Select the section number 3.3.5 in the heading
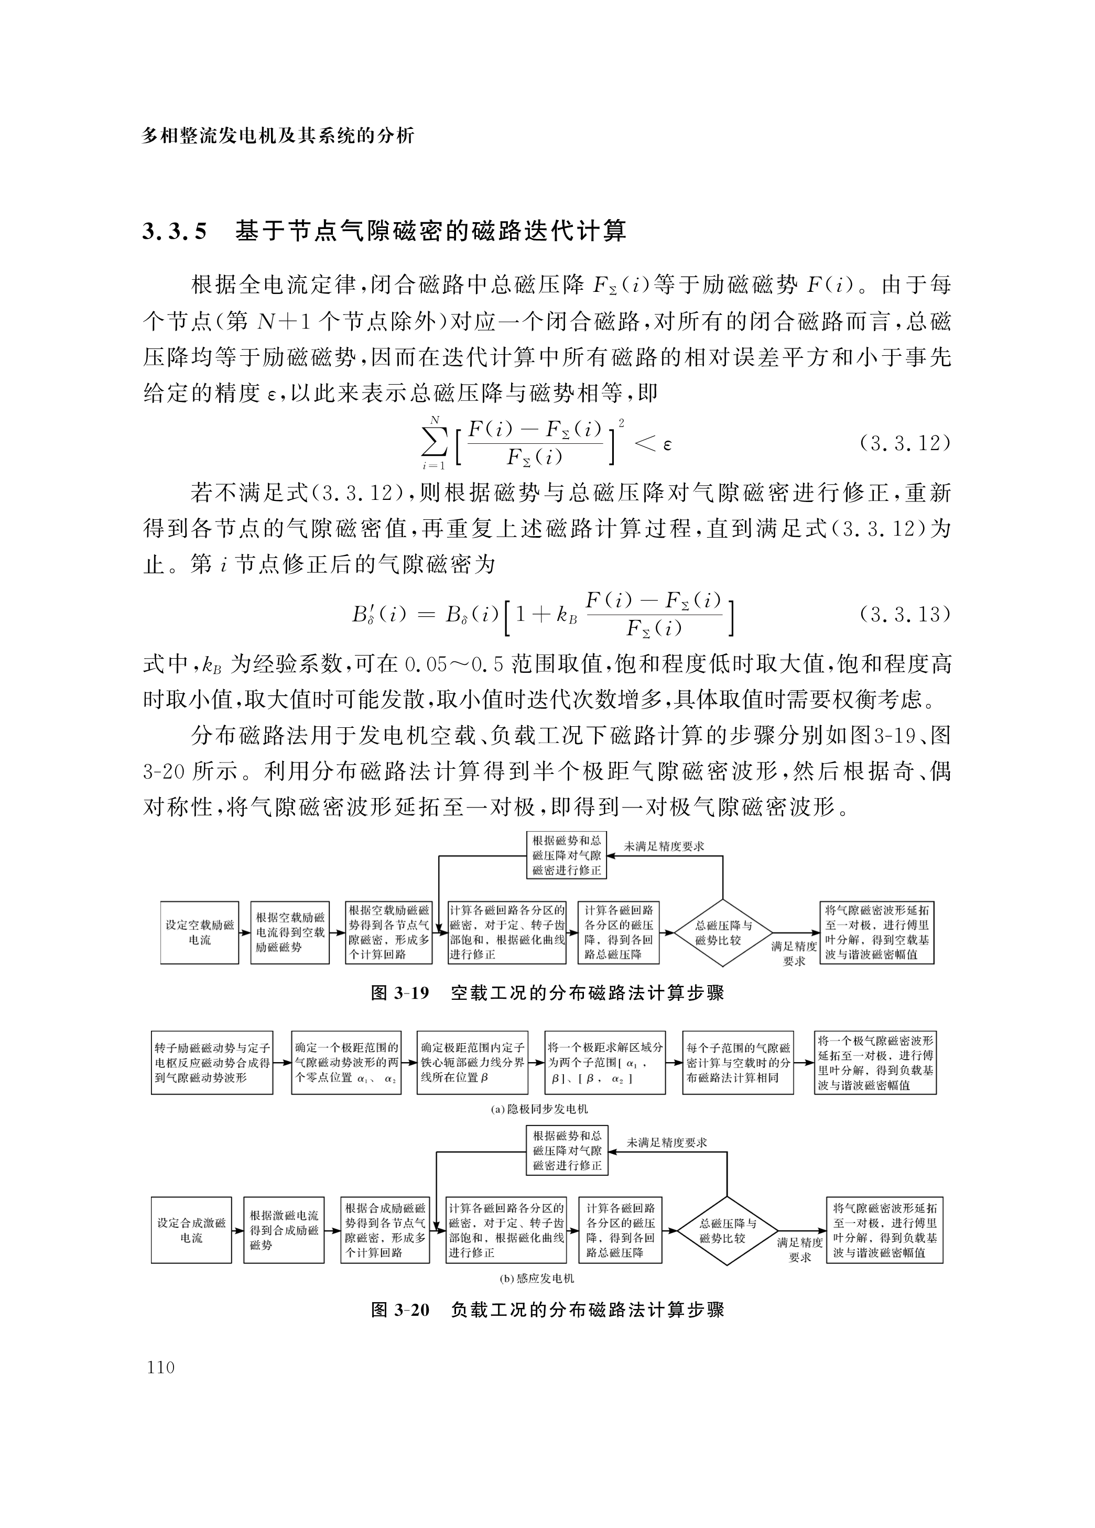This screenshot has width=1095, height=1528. coord(175,231)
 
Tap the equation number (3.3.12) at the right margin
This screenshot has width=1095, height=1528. coord(904,444)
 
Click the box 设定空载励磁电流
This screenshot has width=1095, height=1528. coord(200,932)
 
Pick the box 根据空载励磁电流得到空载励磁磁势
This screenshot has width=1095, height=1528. coord(290,932)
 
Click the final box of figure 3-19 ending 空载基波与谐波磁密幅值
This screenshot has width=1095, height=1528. coord(876,932)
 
